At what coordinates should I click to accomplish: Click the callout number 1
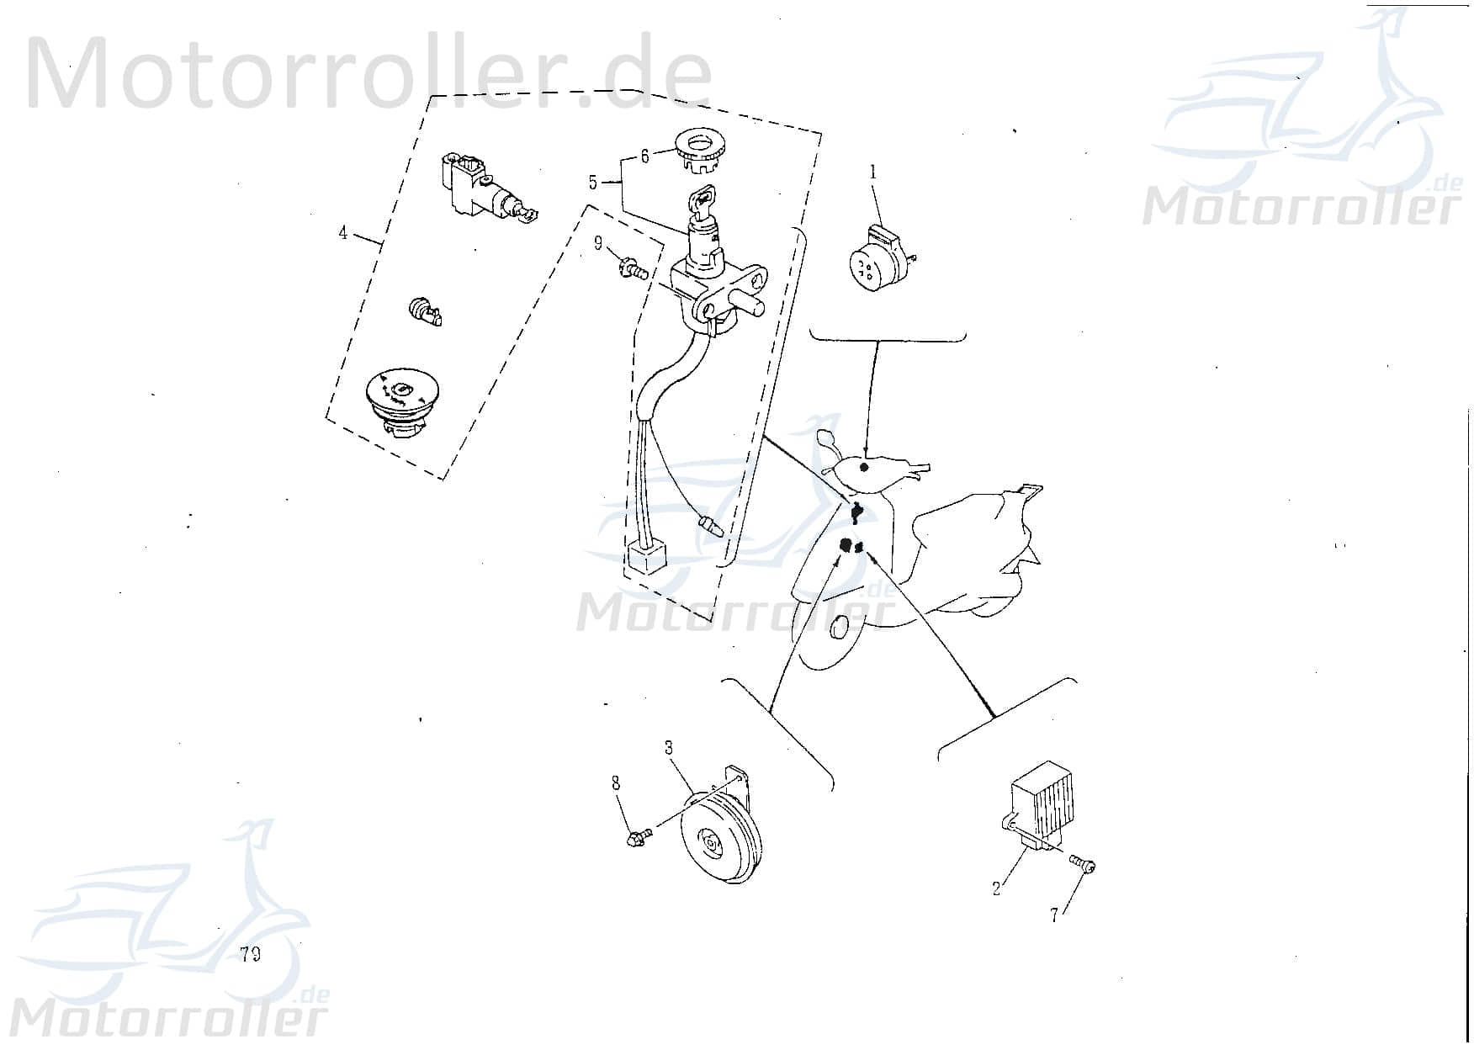click(873, 172)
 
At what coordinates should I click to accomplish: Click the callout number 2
click(996, 888)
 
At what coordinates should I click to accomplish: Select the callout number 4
click(343, 233)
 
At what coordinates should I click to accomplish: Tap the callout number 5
click(593, 183)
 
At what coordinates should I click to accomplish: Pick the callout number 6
click(645, 156)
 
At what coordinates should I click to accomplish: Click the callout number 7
click(1054, 915)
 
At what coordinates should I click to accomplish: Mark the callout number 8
click(617, 783)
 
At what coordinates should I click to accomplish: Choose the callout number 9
click(598, 243)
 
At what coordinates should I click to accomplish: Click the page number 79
click(249, 954)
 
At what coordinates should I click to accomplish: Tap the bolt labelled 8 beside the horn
click(640, 838)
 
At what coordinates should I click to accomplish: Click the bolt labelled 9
click(634, 269)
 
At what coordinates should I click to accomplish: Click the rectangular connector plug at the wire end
click(646, 558)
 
